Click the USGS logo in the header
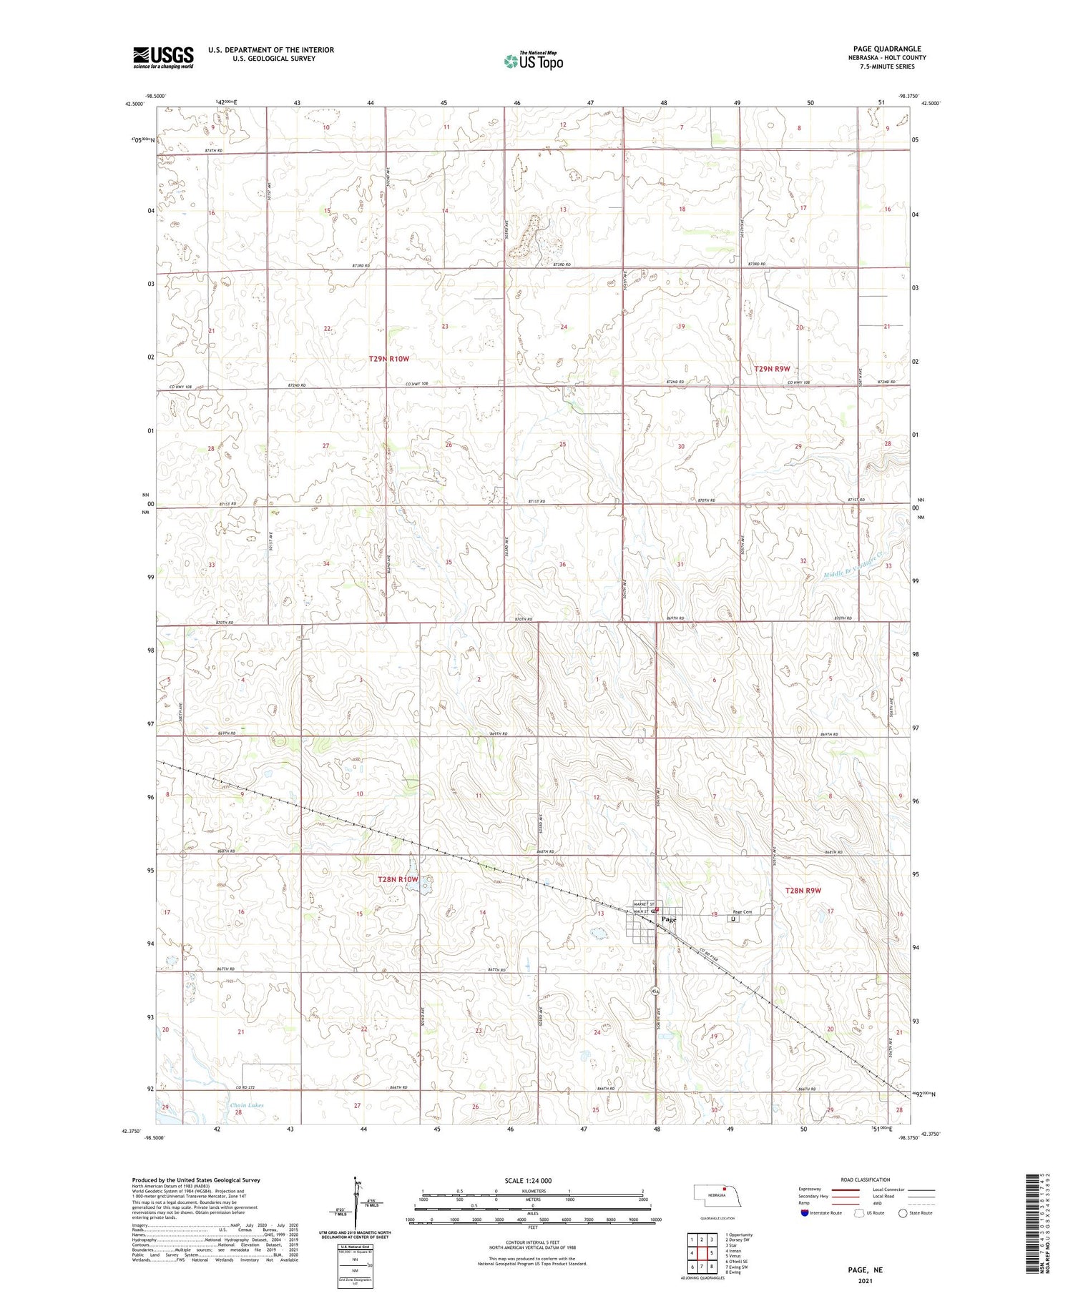163,57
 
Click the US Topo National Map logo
533,61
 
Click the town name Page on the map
669,920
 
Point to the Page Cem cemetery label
742,911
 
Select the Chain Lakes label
247,1105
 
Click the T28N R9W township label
803,891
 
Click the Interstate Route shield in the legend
805,1213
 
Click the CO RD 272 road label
255,1088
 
